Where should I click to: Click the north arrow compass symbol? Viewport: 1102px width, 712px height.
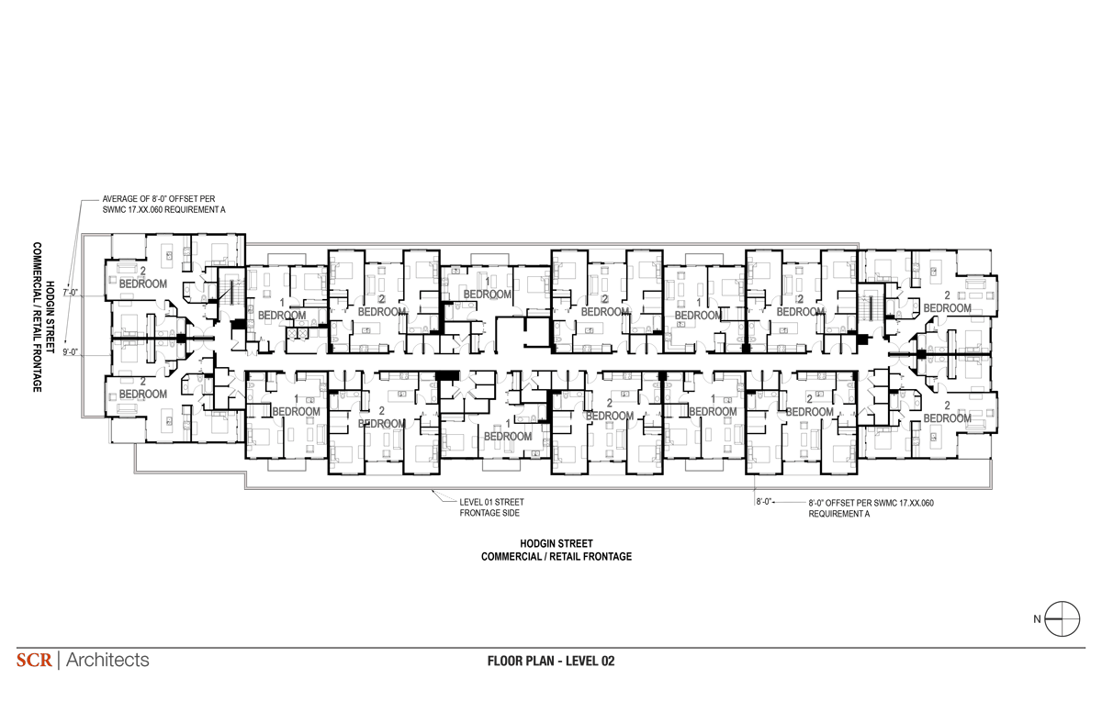tap(1063, 618)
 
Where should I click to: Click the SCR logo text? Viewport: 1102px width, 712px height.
tap(34, 660)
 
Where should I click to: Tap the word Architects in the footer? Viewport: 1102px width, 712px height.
tap(107, 660)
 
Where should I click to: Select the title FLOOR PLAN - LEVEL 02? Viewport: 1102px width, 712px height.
tap(551, 661)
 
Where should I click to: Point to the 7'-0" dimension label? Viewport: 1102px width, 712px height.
tap(71, 293)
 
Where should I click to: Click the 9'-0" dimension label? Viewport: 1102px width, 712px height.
tap(71, 351)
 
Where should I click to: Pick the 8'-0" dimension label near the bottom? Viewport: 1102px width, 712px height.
tap(764, 502)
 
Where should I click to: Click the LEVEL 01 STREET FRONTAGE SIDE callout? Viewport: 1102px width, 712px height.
tap(491, 507)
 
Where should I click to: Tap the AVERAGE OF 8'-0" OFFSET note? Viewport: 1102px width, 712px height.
tap(163, 205)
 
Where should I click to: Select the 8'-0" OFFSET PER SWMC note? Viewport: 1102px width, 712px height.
tap(871, 508)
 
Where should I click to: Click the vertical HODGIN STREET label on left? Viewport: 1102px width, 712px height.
tap(50, 317)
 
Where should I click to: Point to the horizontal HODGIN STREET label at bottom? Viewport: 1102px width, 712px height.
tap(557, 543)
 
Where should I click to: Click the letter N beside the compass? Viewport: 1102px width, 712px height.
tap(1037, 619)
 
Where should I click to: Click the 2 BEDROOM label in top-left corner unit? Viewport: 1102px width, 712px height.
tap(143, 277)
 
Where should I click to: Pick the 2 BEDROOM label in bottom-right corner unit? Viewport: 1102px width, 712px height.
tap(947, 412)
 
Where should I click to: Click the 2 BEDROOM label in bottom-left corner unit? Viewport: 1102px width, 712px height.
tap(143, 388)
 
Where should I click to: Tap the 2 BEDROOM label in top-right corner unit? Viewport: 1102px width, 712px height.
tap(947, 302)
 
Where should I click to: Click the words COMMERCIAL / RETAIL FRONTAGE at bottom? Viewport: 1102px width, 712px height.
tap(557, 557)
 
